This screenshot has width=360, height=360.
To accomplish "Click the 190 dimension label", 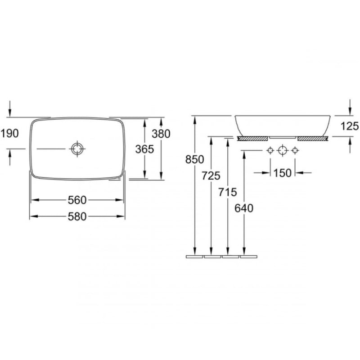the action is tap(9, 134).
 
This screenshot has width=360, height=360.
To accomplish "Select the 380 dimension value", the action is tap(161, 134).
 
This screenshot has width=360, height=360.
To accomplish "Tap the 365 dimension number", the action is tap(144, 149).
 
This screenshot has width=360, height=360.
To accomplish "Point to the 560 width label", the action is tap(77, 200).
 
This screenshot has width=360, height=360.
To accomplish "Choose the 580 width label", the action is tap(77, 216).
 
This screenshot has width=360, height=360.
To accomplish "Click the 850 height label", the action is tap(195, 159).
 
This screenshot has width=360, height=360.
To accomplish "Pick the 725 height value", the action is tap(211, 176).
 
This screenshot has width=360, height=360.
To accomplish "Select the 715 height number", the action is tap(228, 192).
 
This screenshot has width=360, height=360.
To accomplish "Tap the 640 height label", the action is tap(244, 208).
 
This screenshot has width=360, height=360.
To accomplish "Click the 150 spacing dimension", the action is tap(283, 173).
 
